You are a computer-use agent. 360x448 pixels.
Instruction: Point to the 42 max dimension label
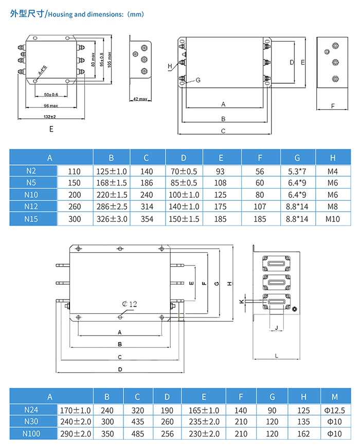(140, 99)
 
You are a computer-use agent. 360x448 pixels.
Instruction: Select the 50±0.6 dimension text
(51, 95)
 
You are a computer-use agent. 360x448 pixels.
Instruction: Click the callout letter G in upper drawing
(197, 80)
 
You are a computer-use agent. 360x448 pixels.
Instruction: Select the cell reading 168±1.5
(111, 182)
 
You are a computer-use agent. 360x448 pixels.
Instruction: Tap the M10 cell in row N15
(333, 219)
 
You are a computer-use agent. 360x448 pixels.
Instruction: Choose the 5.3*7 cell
(297, 171)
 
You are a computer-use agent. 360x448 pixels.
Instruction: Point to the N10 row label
(31, 194)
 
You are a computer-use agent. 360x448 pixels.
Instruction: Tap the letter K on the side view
(242, 301)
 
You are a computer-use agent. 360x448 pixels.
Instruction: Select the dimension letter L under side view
(276, 355)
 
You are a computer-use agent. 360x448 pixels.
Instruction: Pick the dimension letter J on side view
(276, 327)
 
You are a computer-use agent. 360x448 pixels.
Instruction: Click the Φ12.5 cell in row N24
(335, 410)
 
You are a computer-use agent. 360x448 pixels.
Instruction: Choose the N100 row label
(31, 434)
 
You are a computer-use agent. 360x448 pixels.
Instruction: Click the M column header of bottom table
(335, 397)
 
